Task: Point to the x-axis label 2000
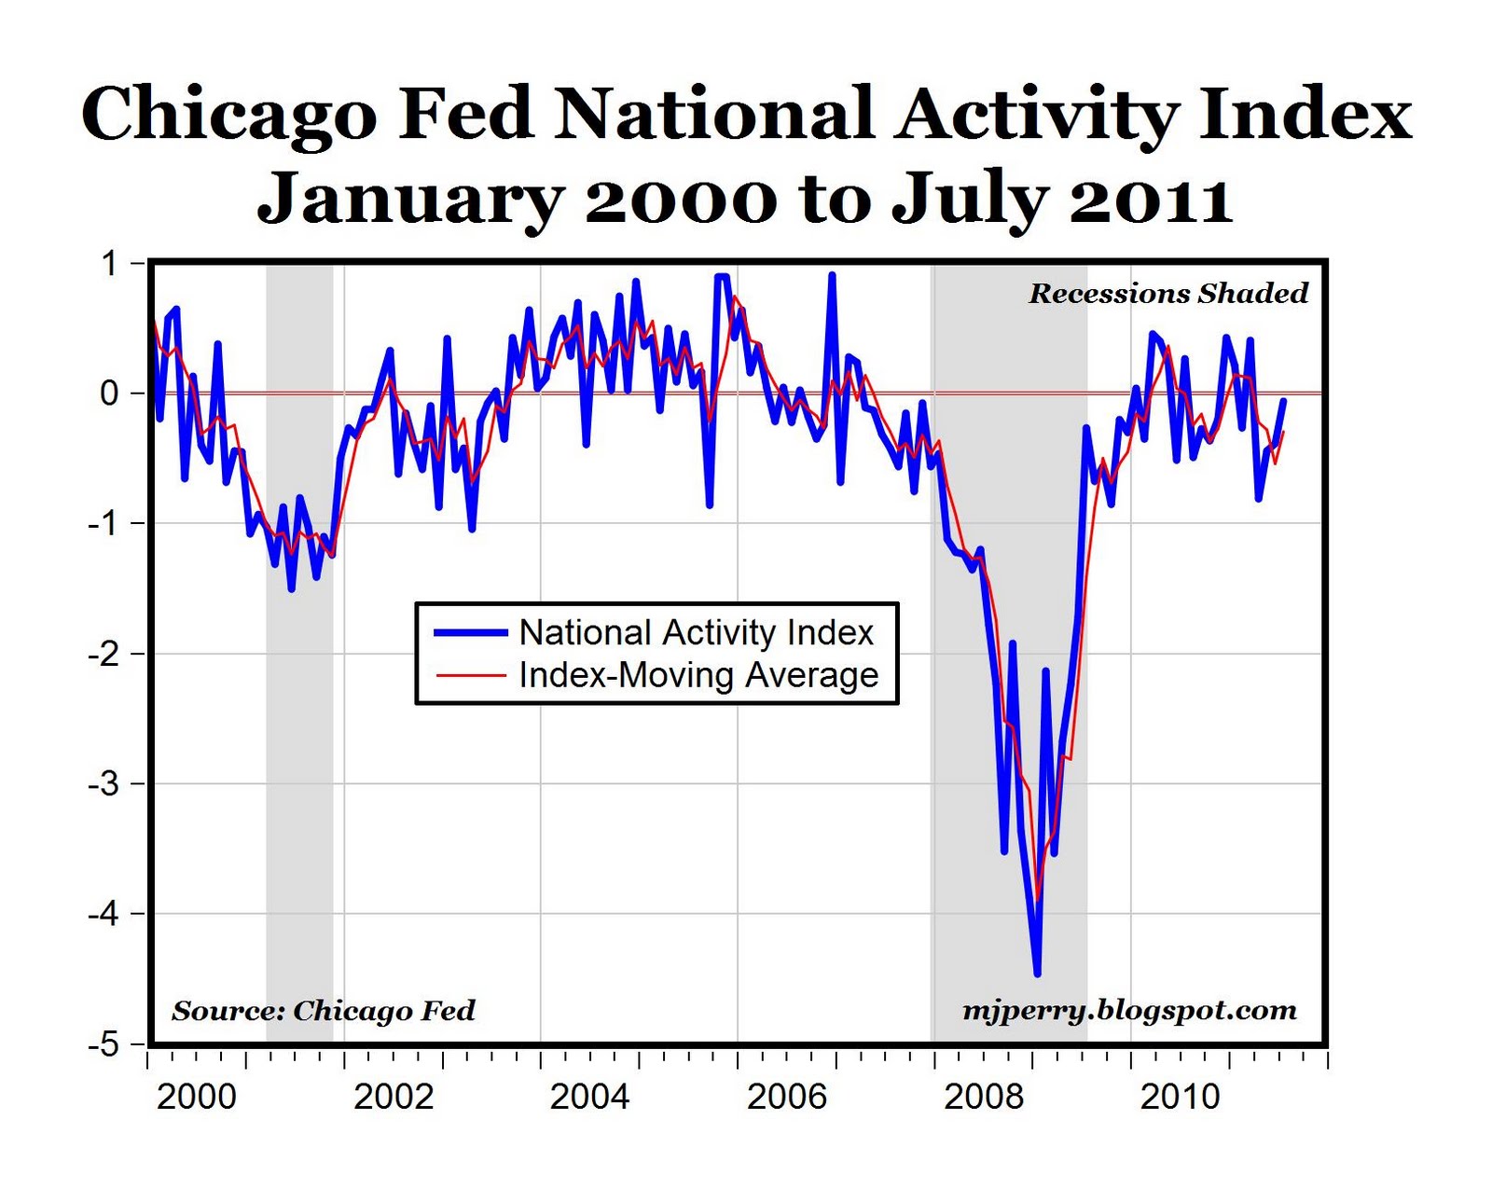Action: pyautogui.click(x=196, y=1097)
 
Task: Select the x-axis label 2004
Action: pyautogui.click(x=589, y=1097)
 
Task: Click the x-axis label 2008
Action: pyautogui.click(x=983, y=1097)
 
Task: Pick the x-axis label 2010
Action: pyautogui.click(x=1180, y=1097)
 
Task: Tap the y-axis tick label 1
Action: pyautogui.click(x=110, y=264)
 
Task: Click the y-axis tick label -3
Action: pyautogui.click(x=104, y=784)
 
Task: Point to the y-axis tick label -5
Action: pyautogui.click(x=104, y=1044)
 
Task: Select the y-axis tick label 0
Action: pyautogui.click(x=110, y=394)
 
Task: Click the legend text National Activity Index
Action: pyautogui.click(x=696, y=633)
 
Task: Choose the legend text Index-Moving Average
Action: pyautogui.click(x=698, y=675)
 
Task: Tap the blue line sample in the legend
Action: pyautogui.click(x=471, y=633)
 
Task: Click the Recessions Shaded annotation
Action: pyautogui.click(x=1167, y=294)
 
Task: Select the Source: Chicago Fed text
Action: pyautogui.click(x=323, y=1011)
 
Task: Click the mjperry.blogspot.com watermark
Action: pyautogui.click(x=1128, y=1011)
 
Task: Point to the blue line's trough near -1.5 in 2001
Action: pyautogui.click(x=292, y=588)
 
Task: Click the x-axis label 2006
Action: pyautogui.click(x=786, y=1097)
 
